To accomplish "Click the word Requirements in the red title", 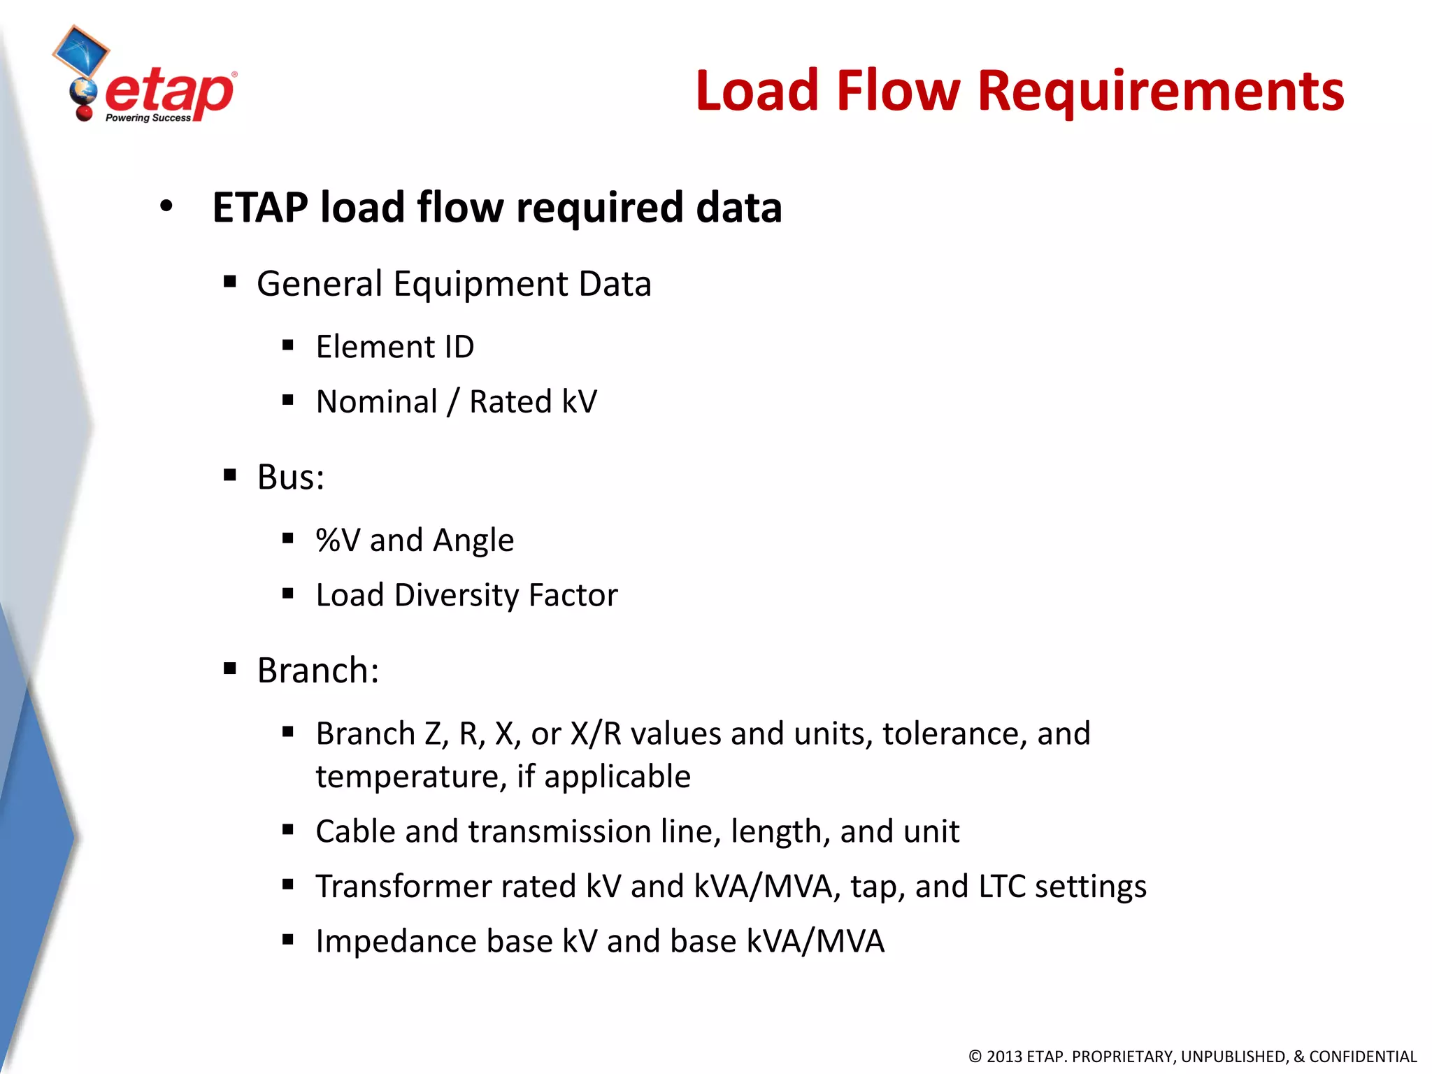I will coord(1160,91).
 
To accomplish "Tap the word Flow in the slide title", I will coord(898,91).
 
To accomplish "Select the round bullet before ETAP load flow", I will coord(166,207).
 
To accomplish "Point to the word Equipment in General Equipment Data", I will coord(481,284).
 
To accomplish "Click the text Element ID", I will coord(394,347).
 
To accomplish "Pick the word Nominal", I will coord(376,402).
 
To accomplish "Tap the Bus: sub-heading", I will coord(290,478).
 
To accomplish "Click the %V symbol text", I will coord(338,540).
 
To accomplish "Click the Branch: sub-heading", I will coord(317,671).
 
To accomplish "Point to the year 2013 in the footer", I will coord(1004,1057).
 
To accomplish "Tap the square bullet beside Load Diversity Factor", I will coord(287,594).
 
